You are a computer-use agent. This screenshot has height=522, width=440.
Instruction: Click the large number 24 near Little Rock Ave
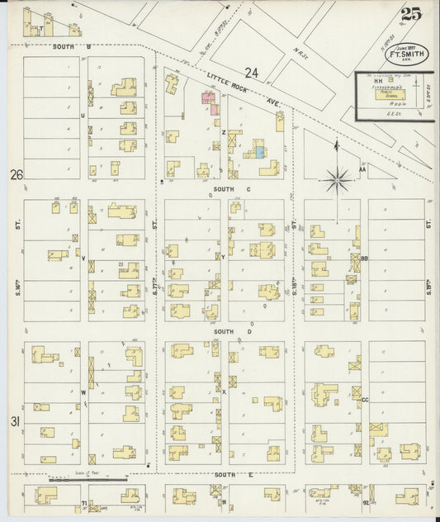coord(251,74)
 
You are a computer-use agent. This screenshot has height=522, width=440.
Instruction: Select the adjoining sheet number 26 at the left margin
coord(15,174)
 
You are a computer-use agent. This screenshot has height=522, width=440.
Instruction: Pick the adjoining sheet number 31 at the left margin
coord(15,422)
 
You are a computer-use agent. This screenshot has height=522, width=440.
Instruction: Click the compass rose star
coord(337,178)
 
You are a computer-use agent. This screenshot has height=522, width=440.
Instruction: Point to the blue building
coord(261,150)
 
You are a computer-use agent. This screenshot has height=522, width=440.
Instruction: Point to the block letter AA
coord(362,172)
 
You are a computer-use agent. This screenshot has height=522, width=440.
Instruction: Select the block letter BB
coord(364,259)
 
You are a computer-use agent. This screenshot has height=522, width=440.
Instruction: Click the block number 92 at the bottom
coord(365,501)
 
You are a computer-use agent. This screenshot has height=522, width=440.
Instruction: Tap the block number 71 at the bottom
coord(83,502)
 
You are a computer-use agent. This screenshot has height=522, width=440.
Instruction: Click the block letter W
coord(83,393)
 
